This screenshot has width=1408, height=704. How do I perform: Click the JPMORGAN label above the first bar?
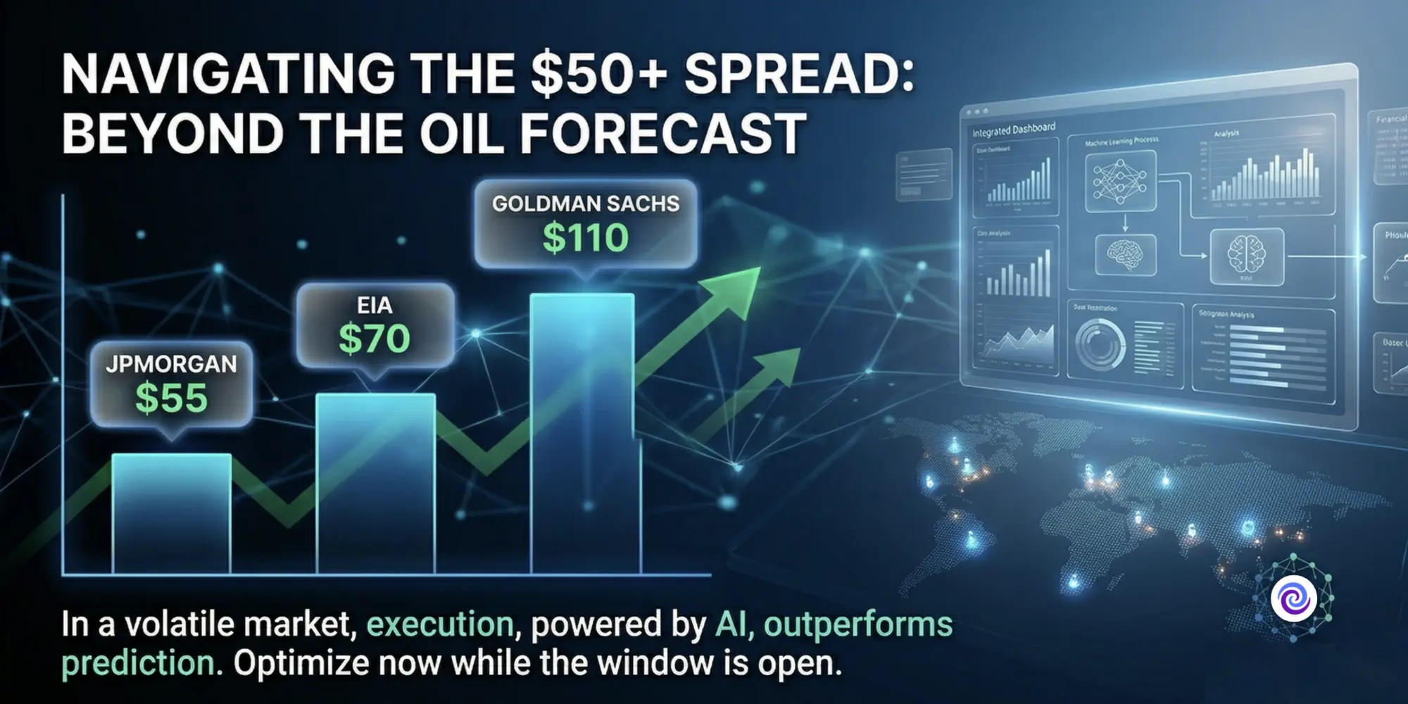click(x=171, y=364)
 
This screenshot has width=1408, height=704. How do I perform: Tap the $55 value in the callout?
click(x=171, y=398)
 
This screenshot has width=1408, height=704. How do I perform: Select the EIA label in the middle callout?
click(x=375, y=306)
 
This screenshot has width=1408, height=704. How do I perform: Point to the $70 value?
click(x=375, y=339)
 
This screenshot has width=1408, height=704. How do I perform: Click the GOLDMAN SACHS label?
click(x=586, y=204)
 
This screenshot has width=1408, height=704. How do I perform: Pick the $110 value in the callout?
click(x=586, y=238)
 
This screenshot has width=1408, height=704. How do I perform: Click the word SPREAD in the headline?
click(x=799, y=74)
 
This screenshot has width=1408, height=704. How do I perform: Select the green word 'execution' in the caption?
click(x=440, y=624)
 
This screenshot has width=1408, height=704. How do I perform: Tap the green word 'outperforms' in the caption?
click(x=858, y=624)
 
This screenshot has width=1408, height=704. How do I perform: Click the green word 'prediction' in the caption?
click(x=138, y=663)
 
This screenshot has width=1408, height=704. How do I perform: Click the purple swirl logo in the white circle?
click(x=1293, y=599)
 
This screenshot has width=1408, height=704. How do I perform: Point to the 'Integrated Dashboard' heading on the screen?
click(x=1014, y=130)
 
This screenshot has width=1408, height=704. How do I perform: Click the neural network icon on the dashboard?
click(x=1119, y=181)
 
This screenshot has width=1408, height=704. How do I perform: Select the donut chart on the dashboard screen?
click(x=1100, y=344)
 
